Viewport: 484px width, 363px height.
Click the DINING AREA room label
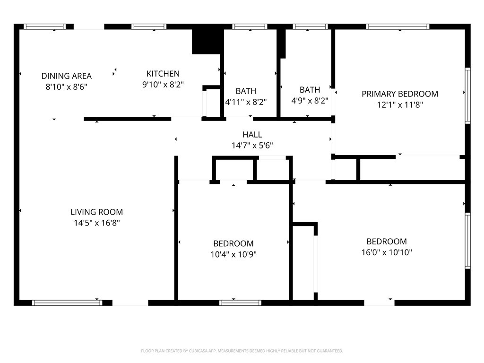point(66,76)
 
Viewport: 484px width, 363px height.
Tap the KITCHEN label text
point(163,74)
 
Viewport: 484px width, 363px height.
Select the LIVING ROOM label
point(96,212)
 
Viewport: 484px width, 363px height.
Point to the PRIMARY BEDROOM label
point(400,94)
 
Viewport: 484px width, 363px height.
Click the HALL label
point(252,135)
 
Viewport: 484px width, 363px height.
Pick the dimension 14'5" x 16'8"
point(96,223)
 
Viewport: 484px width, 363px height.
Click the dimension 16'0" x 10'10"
point(387,252)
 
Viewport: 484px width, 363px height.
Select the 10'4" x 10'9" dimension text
point(233,254)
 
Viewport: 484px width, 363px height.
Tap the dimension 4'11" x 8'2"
point(246,102)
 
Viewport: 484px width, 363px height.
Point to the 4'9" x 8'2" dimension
point(310,101)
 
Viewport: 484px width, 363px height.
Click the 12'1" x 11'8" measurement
point(400,104)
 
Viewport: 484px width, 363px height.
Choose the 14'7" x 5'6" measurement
point(252,146)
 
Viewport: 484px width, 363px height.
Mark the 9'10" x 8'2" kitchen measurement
point(163,85)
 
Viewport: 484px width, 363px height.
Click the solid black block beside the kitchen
point(207,42)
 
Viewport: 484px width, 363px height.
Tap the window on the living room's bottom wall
point(67,303)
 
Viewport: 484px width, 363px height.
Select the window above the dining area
point(45,26)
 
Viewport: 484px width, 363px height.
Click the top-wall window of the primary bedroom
point(398,26)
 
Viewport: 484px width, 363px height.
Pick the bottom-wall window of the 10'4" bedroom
point(240,303)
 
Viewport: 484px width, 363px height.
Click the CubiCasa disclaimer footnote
point(242,351)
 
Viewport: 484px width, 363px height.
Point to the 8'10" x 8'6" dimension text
point(66,87)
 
